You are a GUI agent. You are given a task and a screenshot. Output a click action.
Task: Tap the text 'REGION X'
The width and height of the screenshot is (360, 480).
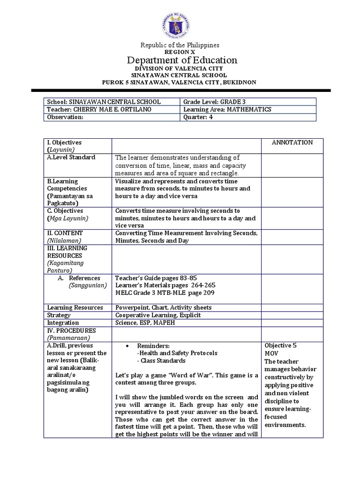[x=180, y=52]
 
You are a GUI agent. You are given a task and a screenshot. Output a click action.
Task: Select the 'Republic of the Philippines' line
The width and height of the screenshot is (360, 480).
[x=180, y=45]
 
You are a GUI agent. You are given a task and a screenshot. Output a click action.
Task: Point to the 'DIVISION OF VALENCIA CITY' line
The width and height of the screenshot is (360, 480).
[x=180, y=68]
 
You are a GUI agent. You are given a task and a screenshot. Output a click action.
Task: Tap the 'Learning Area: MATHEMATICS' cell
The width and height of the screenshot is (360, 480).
[x=227, y=109]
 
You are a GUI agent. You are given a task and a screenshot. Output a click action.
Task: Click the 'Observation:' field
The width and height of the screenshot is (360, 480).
[x=65, y=117]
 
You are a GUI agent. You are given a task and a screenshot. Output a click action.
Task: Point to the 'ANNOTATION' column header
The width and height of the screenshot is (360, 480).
[x=292, y=142]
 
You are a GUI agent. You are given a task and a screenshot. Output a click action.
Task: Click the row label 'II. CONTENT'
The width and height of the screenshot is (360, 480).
[x=65, y=233]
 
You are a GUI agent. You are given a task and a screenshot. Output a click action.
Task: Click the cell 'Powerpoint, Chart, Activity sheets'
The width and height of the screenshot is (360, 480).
[x=164, y=307]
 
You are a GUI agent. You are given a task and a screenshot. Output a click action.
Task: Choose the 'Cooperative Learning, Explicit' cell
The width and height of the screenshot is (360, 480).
[x=158, y=315]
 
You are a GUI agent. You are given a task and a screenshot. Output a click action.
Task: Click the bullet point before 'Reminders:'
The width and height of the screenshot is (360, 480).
[x=127, y=345]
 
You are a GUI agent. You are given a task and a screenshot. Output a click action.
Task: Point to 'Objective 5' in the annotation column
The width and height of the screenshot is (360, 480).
[x=280, y=345]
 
